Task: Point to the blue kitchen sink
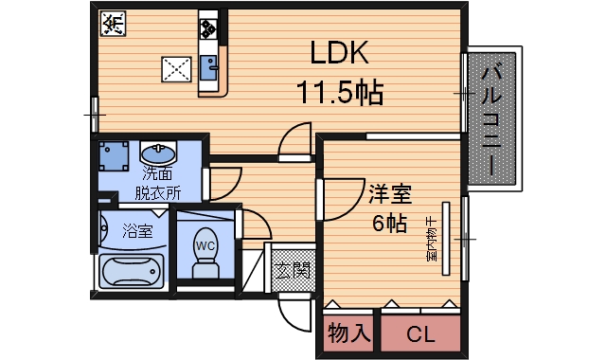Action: tap(208, 64)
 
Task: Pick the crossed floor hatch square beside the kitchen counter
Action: tap(175, 69)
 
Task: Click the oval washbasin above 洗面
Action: tap(158, 153)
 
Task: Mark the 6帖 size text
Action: tap(388, 225)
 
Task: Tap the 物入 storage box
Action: tap(348, 333)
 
